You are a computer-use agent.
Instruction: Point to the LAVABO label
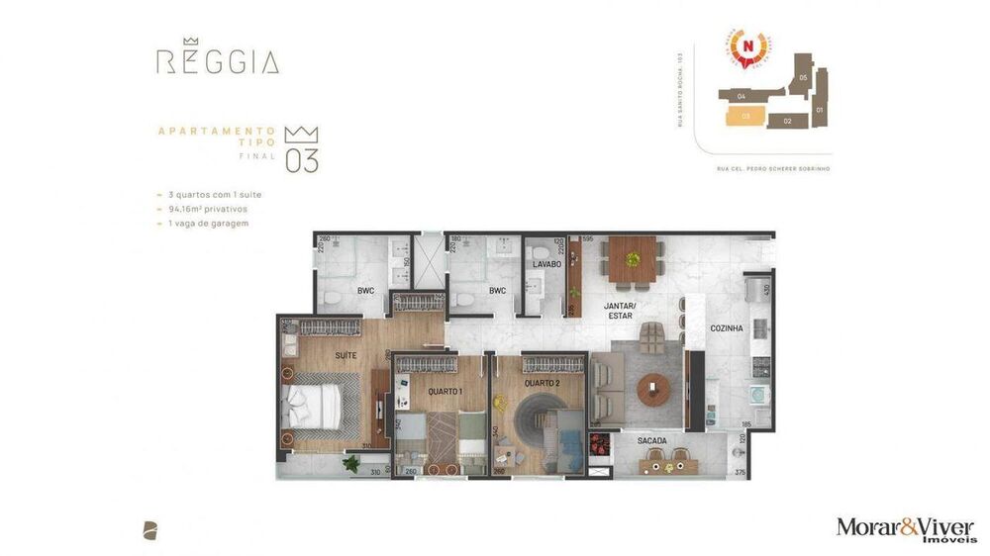pos(546,265)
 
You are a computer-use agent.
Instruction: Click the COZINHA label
pos(727,327)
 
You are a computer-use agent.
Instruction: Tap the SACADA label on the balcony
pos(651,440)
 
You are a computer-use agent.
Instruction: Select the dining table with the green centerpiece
pos(633,261)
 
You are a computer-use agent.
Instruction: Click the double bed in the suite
pos(315,408)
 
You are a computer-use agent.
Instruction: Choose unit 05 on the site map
pos(803,77)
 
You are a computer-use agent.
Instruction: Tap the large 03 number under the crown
pos(302,161)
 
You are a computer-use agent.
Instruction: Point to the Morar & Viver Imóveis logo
pos(905,528)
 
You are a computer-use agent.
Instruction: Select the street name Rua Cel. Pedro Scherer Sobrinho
pos(772,169)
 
